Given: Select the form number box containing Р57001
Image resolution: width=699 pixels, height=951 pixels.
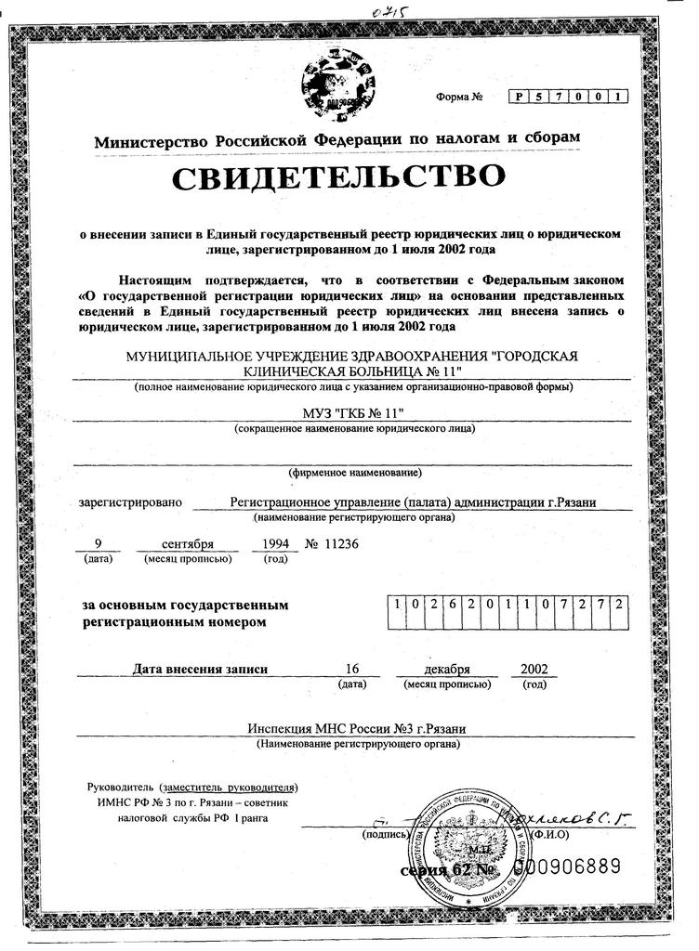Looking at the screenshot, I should pyautogui.click(x=568, y=96).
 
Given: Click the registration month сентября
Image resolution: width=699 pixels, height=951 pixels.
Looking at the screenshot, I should pyautogui.click(x=187, y=543).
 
